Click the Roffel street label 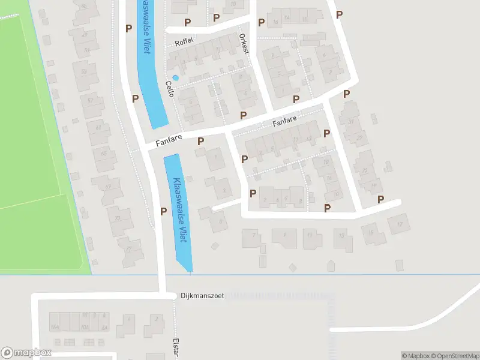point(182,43)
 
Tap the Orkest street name point(244,43)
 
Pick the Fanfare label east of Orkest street point(285,122)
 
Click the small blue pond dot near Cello point(175,77)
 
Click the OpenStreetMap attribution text point(453,356)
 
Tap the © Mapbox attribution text point(414,356)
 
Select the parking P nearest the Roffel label point(188,23)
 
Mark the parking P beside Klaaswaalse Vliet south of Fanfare point(163,211)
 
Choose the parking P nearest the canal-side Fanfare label point(200,141)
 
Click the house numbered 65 point(104,154)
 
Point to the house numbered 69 point(109,187)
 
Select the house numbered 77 point(128,249)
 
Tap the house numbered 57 point(91,100)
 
